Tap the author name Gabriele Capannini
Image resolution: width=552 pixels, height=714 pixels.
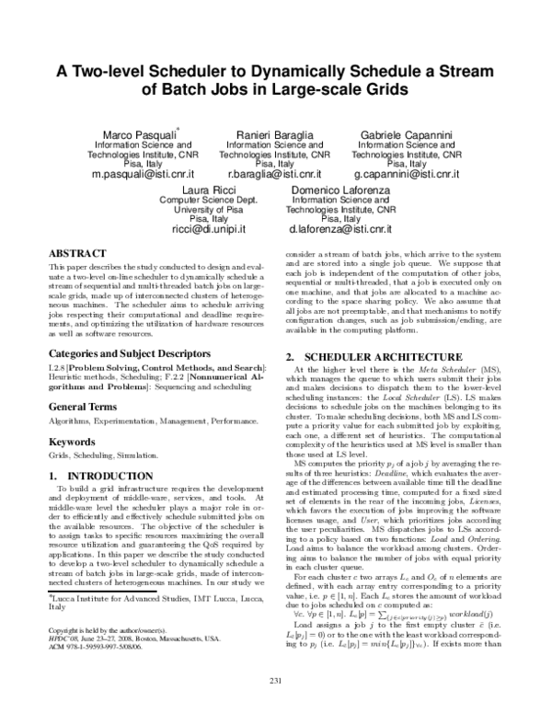[x=405, y=134]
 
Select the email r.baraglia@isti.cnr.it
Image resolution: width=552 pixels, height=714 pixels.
[x=274, y=173]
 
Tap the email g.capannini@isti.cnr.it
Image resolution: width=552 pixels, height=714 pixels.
[x=405, y=173]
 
